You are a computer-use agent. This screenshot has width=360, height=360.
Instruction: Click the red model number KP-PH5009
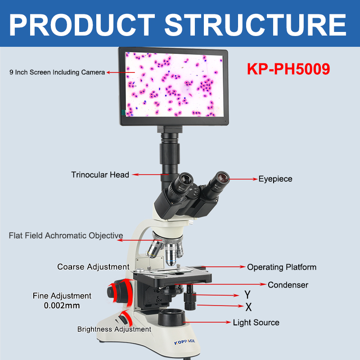288,69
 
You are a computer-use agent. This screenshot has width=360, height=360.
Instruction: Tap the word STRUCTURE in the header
255,25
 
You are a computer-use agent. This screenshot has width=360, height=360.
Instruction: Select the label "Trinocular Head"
100,175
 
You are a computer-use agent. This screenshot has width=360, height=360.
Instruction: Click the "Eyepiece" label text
275,179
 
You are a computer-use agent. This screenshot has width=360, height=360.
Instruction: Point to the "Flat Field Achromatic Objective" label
66,235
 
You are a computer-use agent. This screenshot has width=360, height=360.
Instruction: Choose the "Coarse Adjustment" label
93,267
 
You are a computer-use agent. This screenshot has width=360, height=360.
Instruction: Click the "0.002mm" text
62,306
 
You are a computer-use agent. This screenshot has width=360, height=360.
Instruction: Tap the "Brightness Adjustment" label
114,329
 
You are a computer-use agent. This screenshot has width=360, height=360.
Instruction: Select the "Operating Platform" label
282,267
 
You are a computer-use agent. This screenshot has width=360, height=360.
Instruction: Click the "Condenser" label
288,285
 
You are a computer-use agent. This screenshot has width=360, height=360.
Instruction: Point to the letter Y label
247,295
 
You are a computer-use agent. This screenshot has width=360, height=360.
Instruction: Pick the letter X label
248,307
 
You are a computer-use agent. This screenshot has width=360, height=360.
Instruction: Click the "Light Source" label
256,323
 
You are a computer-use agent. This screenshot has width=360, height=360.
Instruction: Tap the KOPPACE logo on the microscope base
184,342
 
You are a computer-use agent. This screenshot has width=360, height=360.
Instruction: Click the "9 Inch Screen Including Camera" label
57,72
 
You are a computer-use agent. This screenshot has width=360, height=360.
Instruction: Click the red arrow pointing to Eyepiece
243,179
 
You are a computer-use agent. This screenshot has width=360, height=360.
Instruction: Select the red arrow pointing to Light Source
207,322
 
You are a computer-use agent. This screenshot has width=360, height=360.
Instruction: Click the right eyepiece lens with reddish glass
222,178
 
